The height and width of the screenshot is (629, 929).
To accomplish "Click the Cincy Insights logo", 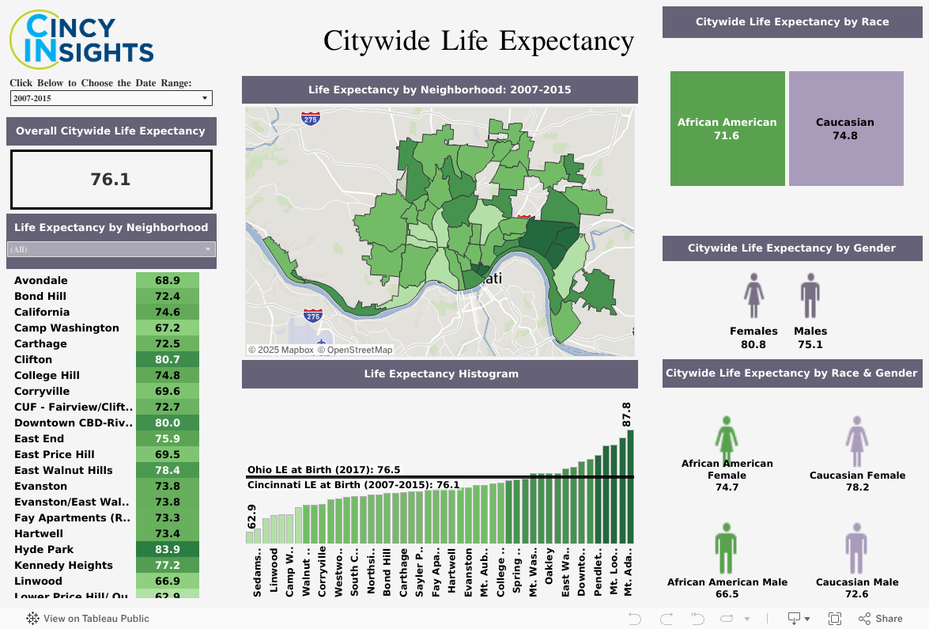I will [x=81, y=37].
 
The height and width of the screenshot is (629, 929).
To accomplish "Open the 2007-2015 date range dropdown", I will [x=111, y=98].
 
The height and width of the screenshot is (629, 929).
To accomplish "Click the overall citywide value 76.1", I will [x=111, y=180].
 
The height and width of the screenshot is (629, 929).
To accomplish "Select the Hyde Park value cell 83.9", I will [x=168, y=549].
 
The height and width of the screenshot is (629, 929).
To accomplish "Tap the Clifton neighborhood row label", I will [x=33, y=359].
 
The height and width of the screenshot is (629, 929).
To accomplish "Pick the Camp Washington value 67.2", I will [x=168, y=328].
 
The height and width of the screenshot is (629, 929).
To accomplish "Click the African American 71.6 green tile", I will [x=727, y=128].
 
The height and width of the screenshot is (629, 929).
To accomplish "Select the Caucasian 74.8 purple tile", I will [x=845, y=128].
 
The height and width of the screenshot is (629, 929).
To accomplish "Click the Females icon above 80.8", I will [x=753, y=296].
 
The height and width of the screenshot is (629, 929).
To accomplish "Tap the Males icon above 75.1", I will [x=810, y=296].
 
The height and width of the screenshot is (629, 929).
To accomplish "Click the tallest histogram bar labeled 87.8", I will [x=630, y=487].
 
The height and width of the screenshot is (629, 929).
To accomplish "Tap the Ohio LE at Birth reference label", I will [x=324, y=470].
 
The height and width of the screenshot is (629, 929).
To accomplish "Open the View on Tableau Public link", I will [x=88, y=619].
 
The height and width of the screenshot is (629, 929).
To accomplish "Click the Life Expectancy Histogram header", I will [x=440, y=373].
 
